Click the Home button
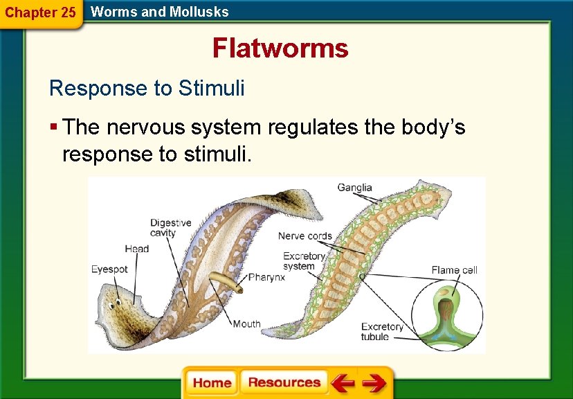tap(212, 383)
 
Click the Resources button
tap(284, 383)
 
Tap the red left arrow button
tap(342, 383)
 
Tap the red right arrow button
tap(374, 383)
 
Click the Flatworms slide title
tap(280, 48)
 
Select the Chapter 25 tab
tap(40, 12)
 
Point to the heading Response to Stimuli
tap(147, 89)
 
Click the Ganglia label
tap(354, 187)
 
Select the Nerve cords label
tap(304, 236)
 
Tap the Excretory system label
tap(304, 261)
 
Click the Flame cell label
tap(454, 270)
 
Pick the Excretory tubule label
tap(382, 332)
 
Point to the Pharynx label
tap(266, 276)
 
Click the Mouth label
tap(246, 324)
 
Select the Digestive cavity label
tap(170, 228)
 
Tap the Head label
tap(136, 249)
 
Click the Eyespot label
tap(109, 269)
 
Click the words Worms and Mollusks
tap(159, 11)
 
